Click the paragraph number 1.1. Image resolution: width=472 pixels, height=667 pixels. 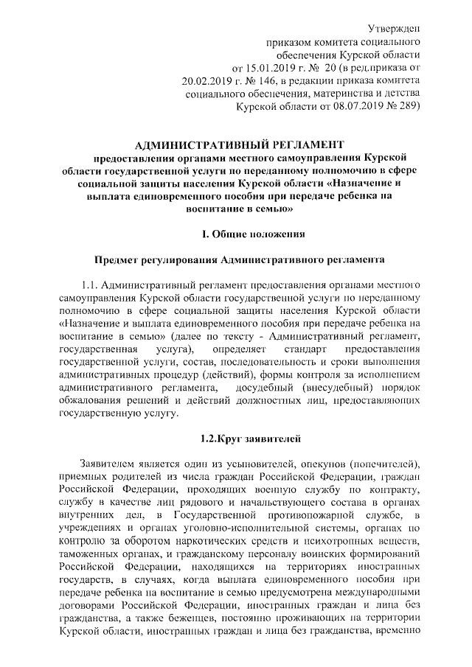pyautogui.click(x=90, y=284)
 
